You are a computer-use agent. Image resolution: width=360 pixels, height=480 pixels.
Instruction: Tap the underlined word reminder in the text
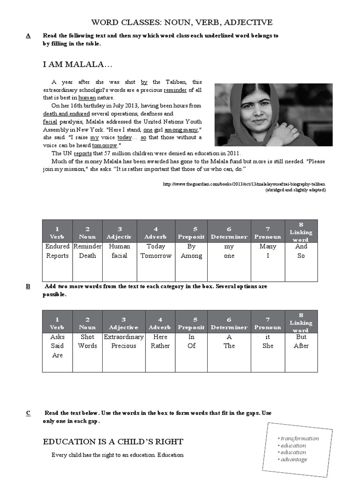pos(175,90)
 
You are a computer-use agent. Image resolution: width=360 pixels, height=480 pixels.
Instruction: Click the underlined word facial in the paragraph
pos(50,121)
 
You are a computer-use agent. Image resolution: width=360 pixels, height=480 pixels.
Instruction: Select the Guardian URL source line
pos(244,184)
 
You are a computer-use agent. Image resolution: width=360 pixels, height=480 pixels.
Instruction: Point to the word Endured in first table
pos(57,246)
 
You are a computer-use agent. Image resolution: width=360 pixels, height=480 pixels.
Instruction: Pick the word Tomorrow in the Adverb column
pos(156,255)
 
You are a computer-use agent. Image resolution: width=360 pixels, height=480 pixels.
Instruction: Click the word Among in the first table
pos(191,255)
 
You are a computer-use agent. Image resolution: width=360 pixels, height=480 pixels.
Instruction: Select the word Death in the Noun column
pos(87,255)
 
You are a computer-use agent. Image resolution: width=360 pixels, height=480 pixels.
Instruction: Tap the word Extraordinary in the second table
pos(124,337)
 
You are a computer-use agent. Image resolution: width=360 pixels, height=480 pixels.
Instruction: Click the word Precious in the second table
pos(124,345)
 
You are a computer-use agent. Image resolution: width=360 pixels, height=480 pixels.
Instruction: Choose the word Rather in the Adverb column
pos(160,345)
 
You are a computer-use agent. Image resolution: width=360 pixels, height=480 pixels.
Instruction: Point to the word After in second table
pos(301,345)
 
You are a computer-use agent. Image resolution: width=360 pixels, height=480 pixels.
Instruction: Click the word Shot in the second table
pos(87,337)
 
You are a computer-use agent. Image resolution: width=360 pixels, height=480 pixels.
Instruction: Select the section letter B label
pos(29,286)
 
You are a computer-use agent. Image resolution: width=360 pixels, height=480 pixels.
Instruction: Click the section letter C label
pos(29,412)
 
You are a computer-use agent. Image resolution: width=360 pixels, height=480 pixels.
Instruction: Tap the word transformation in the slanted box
pos(300,438)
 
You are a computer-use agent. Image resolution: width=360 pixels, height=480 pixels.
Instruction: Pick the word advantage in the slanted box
pos(294,459)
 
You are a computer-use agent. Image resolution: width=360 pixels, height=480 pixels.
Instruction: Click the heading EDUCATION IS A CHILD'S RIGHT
pos(113,442)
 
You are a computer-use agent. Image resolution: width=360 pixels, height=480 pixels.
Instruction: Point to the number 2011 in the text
pos(232,153)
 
